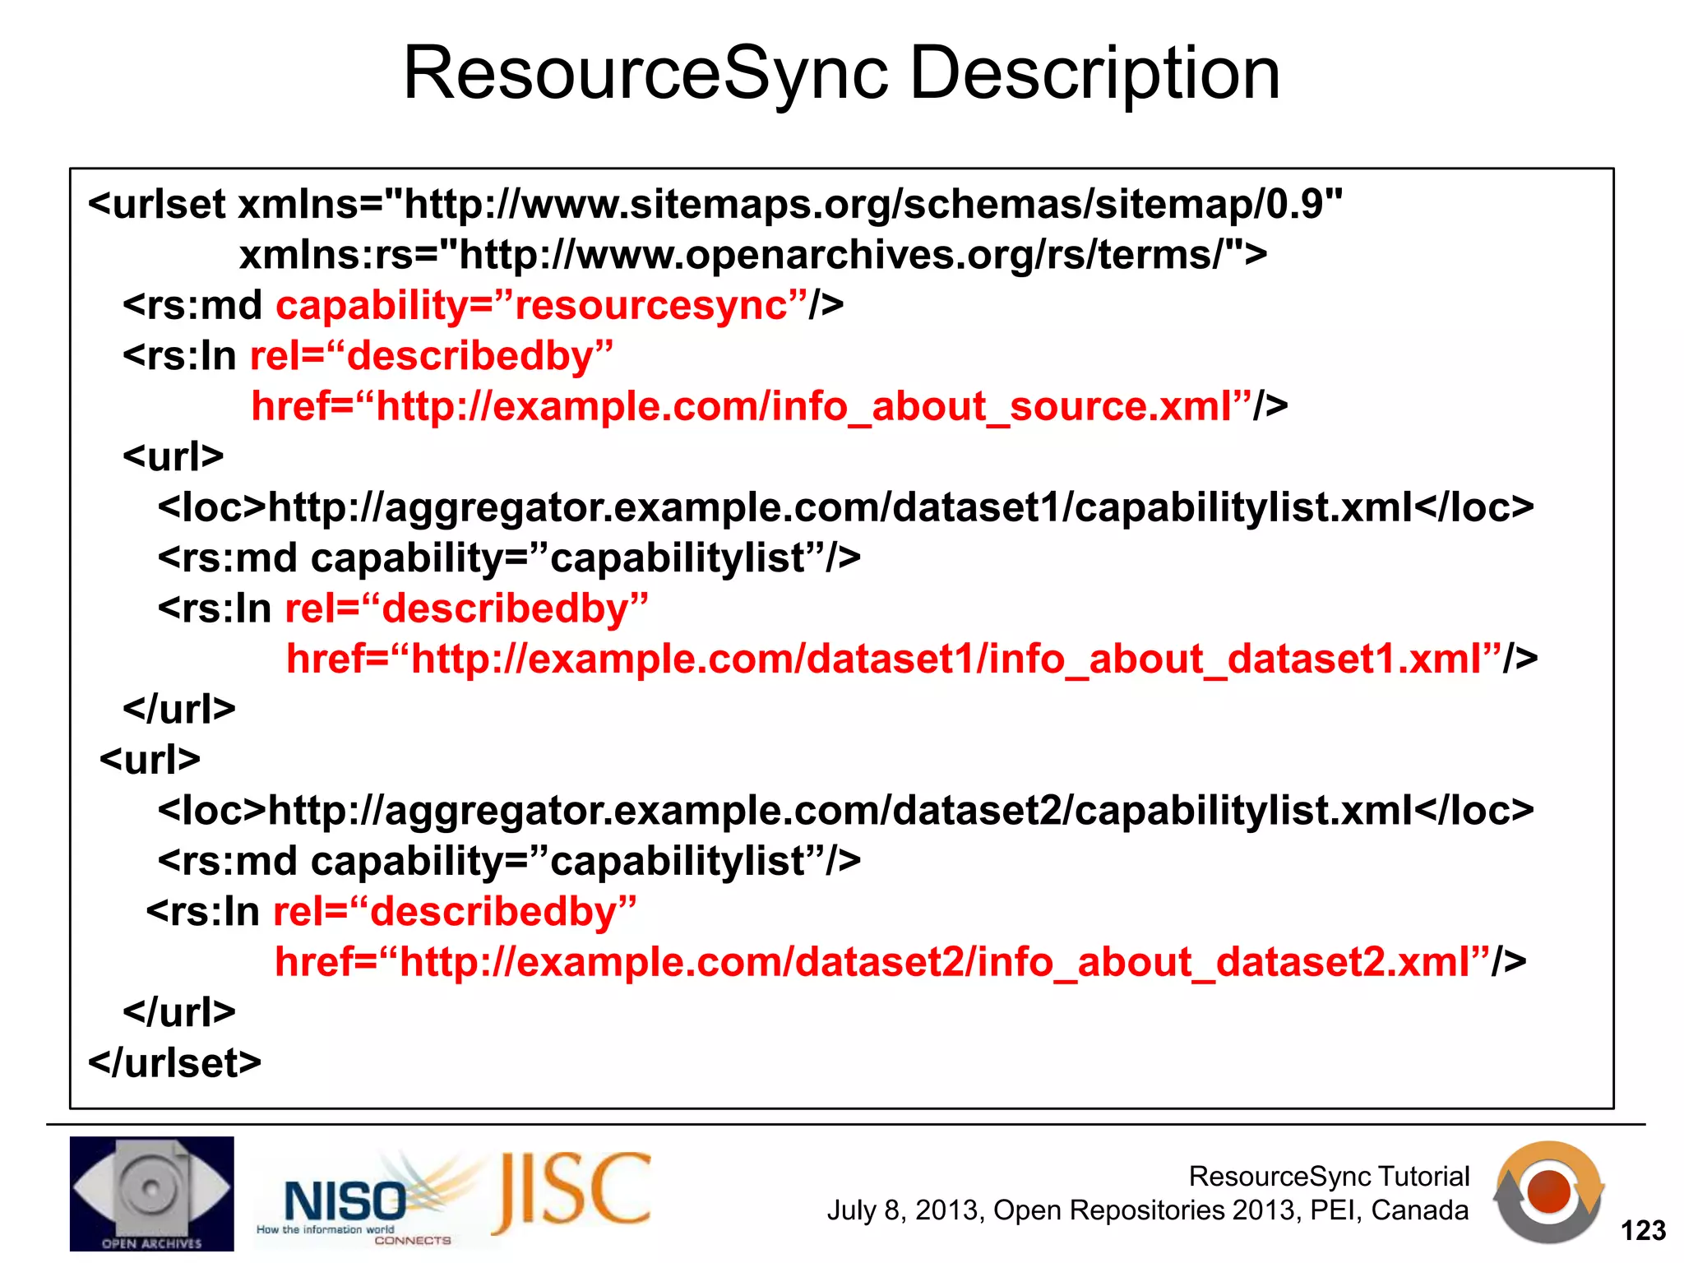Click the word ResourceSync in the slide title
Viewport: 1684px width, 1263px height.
pos(645,74)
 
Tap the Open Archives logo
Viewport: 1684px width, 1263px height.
pos(151,1193)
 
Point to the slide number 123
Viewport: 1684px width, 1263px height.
pos(1642,1230)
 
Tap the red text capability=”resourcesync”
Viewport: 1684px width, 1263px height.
pos(541,305)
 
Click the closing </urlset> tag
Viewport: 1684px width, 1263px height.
pos(174,1062)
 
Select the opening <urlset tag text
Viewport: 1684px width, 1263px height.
pos(156,204)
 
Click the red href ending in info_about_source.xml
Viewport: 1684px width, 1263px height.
pos(751,406)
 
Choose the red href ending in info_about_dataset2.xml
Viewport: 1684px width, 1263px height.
pos(882,961)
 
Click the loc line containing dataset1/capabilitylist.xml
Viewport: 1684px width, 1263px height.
pos(845,507)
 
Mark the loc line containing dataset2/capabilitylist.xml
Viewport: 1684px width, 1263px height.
pos(845,811)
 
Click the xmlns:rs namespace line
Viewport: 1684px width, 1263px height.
pos(752,255)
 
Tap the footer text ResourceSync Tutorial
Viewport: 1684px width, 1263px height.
pos(1328,1176)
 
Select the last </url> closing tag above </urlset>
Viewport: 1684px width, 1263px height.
pos(178,1011)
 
